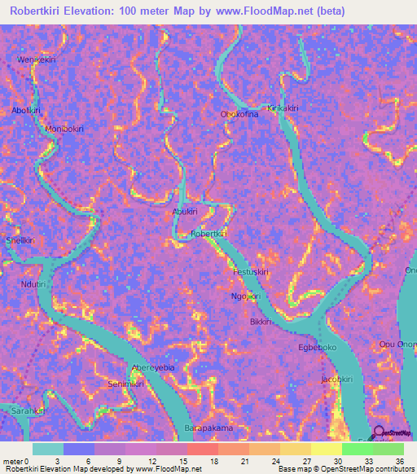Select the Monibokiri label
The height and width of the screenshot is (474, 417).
coord(64,129)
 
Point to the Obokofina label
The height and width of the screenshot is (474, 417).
coord(239,115)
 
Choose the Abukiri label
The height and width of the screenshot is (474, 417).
coord(184,211)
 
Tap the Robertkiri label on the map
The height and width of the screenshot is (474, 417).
coord(208,234)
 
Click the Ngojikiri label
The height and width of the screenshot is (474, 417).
coord(245,296)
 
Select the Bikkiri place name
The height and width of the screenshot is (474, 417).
coord(260,323)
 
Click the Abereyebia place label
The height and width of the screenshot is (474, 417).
coord(153,368)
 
